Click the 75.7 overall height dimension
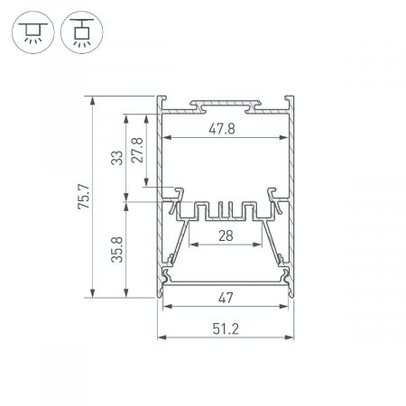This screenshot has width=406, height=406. pos(83,197)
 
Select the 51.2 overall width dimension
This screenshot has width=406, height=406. pos(226,328)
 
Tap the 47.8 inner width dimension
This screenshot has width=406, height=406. pos(222,129)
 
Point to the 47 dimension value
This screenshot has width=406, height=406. pos(226,298)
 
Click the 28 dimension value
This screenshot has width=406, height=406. pos(226,235)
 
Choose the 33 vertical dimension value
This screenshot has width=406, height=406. pos(117,158)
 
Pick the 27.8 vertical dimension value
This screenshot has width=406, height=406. pos(137,150)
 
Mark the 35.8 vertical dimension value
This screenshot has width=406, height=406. pos(117,250)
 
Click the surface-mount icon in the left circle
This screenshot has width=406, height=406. pos(33,32)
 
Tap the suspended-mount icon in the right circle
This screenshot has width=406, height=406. pos(82,32)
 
